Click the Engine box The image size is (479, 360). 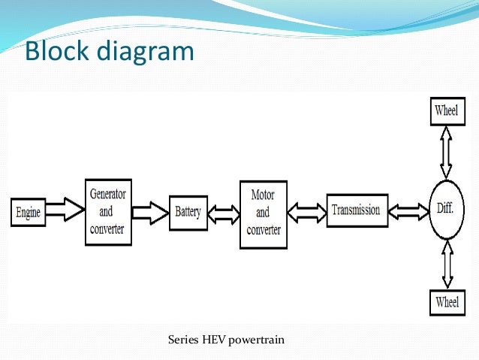coord(27,211)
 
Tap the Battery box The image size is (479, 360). coord(188,212)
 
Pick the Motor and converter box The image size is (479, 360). coord(262,213)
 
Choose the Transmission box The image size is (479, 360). coord(355,210)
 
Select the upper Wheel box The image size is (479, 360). coord(445,111)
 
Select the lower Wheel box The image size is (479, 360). coord(445,303)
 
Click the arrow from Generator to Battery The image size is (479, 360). coord(150,210)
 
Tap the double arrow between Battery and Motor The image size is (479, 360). coord(223,213)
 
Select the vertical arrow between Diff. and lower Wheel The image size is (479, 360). coord(445,265)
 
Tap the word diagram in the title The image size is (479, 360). coord(146,52)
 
